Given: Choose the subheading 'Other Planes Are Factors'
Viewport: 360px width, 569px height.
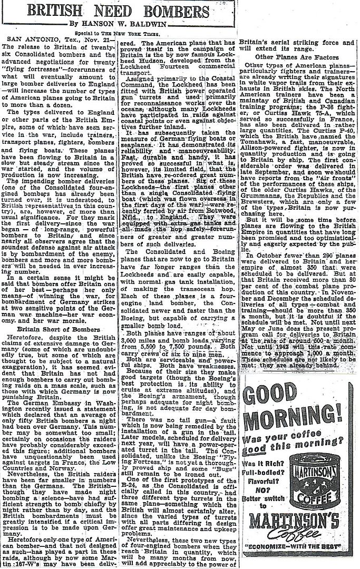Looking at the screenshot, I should click(x=296, y=56).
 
